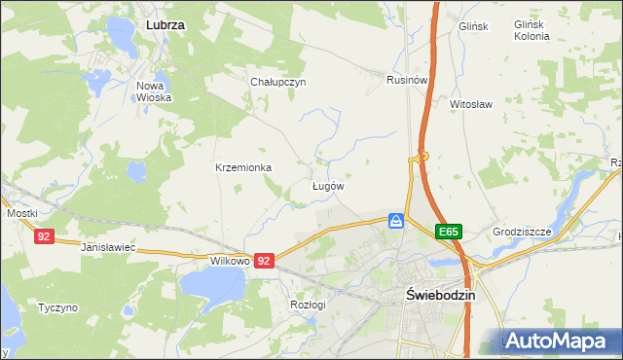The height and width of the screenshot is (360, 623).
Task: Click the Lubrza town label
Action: (x=165, y=22)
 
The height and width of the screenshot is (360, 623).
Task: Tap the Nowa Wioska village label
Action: (x=155, y=91)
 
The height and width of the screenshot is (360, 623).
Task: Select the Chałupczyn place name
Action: (x=278, y=82)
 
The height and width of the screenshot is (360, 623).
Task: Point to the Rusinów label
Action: (x=407, y=79)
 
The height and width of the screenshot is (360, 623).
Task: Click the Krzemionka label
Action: (x=243, y=167)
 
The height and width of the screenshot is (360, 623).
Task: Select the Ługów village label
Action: (x=327, y=185)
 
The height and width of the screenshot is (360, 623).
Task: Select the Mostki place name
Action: (x=21, y=213)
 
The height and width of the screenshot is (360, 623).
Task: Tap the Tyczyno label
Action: (x=57, y=307)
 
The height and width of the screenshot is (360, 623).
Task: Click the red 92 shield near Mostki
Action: (x=44, y=236)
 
